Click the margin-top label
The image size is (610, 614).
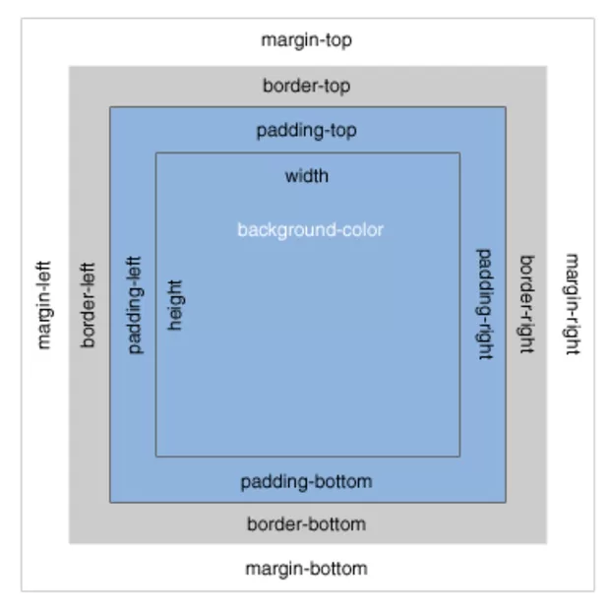click(306, 40)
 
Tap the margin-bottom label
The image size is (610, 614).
click(306, 569)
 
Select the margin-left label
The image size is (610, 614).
click(43, 305)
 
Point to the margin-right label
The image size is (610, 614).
click(571, 304)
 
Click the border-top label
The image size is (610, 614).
click(306, 86)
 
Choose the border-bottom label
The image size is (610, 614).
click(306, 524)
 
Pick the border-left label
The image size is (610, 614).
click(89, 305)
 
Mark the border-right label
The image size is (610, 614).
click(526, 305)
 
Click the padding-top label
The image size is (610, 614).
click(306, 130)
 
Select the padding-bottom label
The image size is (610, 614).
click(306, 481)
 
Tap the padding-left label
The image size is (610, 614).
click(136, 305)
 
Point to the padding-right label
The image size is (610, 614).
click(484, 304)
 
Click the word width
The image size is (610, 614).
click(306, 177)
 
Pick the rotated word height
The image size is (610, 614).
click(176, 305)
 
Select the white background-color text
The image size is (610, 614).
click(310, 230)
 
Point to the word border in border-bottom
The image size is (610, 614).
click(271, 524)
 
